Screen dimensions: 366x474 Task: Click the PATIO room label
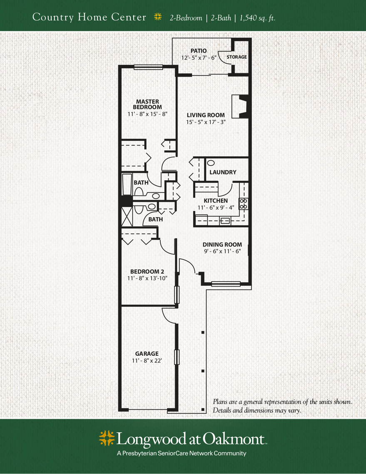pos(199,51)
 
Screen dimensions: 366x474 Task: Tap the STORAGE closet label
pos(237,57)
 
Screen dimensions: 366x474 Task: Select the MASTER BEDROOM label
pos(147,104)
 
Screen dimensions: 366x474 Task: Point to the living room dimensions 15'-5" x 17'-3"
pos(206,122)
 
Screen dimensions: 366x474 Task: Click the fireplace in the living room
pos(241,106)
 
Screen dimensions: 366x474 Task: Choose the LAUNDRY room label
pos(223,172)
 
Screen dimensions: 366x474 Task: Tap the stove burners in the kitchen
pos(243,204)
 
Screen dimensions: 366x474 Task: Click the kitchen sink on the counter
pos(225,220)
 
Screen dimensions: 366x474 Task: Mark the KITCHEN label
pos(216,200)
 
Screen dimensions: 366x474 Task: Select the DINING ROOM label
pos(222,244)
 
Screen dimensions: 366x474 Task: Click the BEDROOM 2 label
pos(147,272)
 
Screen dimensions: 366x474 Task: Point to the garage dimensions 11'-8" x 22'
pos(147,360)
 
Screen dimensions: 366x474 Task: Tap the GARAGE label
pos(147,353)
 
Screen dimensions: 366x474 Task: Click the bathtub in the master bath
pos(127,185)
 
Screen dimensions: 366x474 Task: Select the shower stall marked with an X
pos(127,216)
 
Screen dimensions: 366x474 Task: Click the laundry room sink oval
pos(211,163)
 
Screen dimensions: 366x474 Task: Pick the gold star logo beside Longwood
pos(107,438)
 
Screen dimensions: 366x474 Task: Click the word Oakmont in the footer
pos(233,439)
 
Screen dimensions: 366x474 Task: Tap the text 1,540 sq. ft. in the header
pos(257,18)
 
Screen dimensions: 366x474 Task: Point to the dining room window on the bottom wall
pos(226,284)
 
